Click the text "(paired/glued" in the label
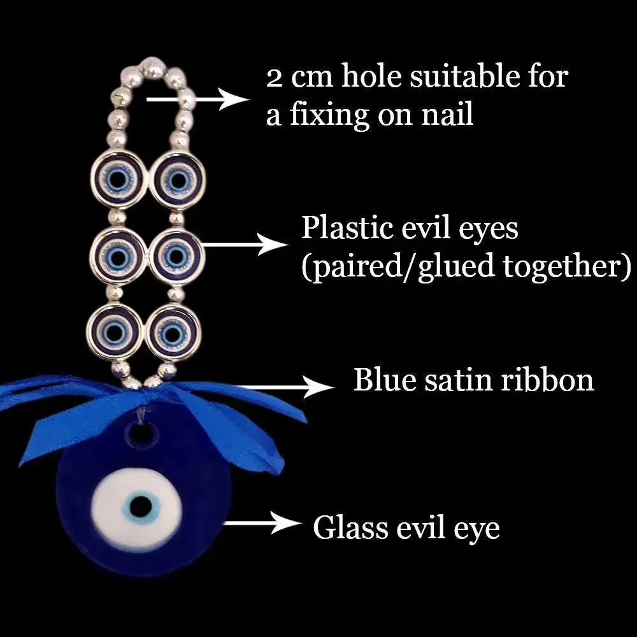pyautogui.click(x=397, y=267)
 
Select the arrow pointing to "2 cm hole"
pyautogui.click(x=197, y=99)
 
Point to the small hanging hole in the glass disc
pyautogui.click(x=142, y=435)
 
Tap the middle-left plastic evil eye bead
pyautogui.click(x=115, y=257)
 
